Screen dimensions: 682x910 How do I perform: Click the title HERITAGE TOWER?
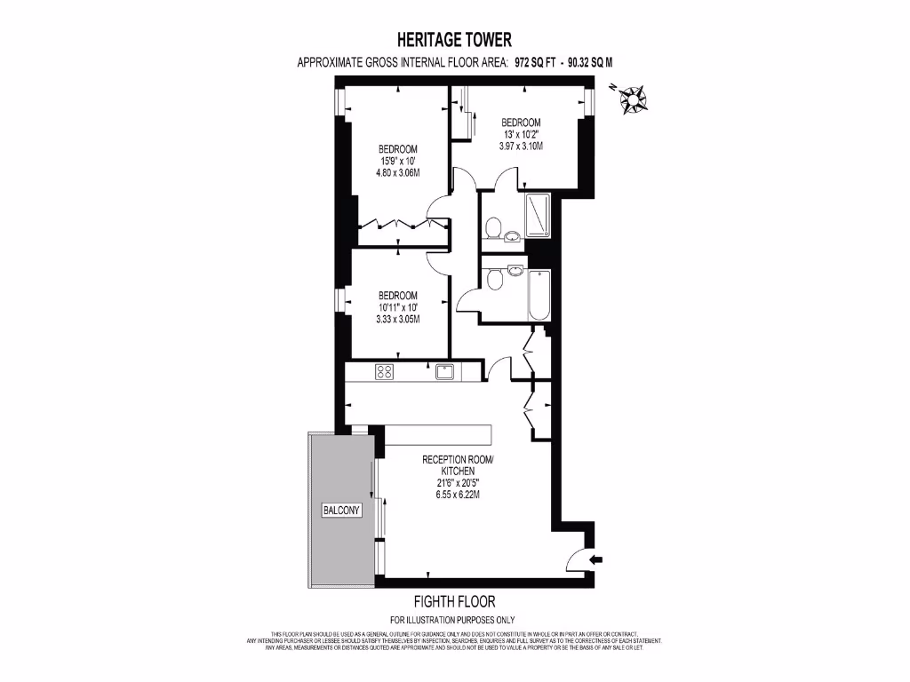coord(454,40)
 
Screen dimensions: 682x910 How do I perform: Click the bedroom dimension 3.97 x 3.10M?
coord(521,147)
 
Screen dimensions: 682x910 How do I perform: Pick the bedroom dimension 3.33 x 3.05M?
coord(397,319)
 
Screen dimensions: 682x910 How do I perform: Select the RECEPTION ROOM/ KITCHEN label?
coord(457,464)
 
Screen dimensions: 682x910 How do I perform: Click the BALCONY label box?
coord(342,511)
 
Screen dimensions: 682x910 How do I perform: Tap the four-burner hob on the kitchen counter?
coord(385,372)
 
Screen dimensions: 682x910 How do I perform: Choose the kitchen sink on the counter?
coord(445,372)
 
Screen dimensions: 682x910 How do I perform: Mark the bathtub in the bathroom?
coord(539,297)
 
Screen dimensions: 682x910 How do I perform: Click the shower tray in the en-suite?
coord(537,216)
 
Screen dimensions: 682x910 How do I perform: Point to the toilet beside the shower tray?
coord(494,227)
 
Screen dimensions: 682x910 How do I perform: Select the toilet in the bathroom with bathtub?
coord(496,279)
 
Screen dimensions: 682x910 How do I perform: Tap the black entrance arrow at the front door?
coord(596,559)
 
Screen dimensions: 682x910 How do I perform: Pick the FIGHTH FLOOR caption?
coord(454,601)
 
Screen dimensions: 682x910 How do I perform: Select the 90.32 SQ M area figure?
coord(583,63)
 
